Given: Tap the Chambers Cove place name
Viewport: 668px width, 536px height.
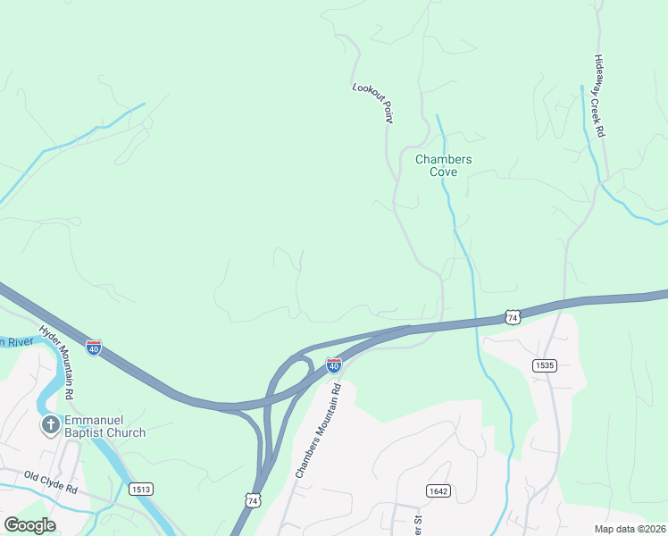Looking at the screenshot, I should tap(443, 165).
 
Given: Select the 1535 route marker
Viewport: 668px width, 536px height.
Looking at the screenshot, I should tap(544, 365).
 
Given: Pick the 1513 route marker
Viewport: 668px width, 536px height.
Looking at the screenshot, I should tap(140, 489).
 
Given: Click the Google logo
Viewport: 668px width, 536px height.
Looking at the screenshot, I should tap(29, 525).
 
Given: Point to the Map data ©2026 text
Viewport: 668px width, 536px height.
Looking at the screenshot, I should tap(630, 529).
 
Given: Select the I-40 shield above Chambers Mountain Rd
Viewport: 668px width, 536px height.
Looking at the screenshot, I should tap(333, 364).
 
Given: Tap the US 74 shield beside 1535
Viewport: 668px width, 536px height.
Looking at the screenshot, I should tap(512, 317).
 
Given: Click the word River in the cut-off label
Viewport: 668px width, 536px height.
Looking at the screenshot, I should tap(23, 341).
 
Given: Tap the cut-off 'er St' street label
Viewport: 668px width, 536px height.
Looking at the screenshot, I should tap(415, 523).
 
